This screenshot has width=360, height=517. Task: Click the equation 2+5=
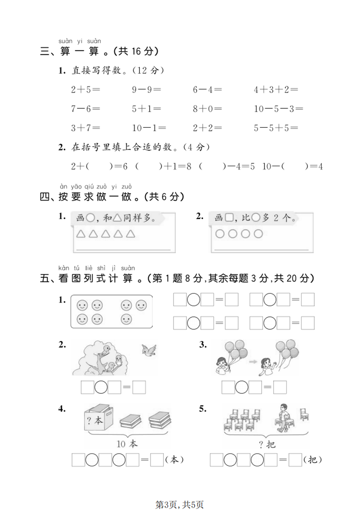coord(85,90)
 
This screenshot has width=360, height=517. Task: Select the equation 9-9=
coord(146,90)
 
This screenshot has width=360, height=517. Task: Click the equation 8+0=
coord(207,109)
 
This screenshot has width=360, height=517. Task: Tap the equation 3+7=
coord(85,128)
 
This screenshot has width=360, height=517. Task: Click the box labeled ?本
coord(97,420)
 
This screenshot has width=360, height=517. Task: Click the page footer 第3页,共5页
coord(180,505)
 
